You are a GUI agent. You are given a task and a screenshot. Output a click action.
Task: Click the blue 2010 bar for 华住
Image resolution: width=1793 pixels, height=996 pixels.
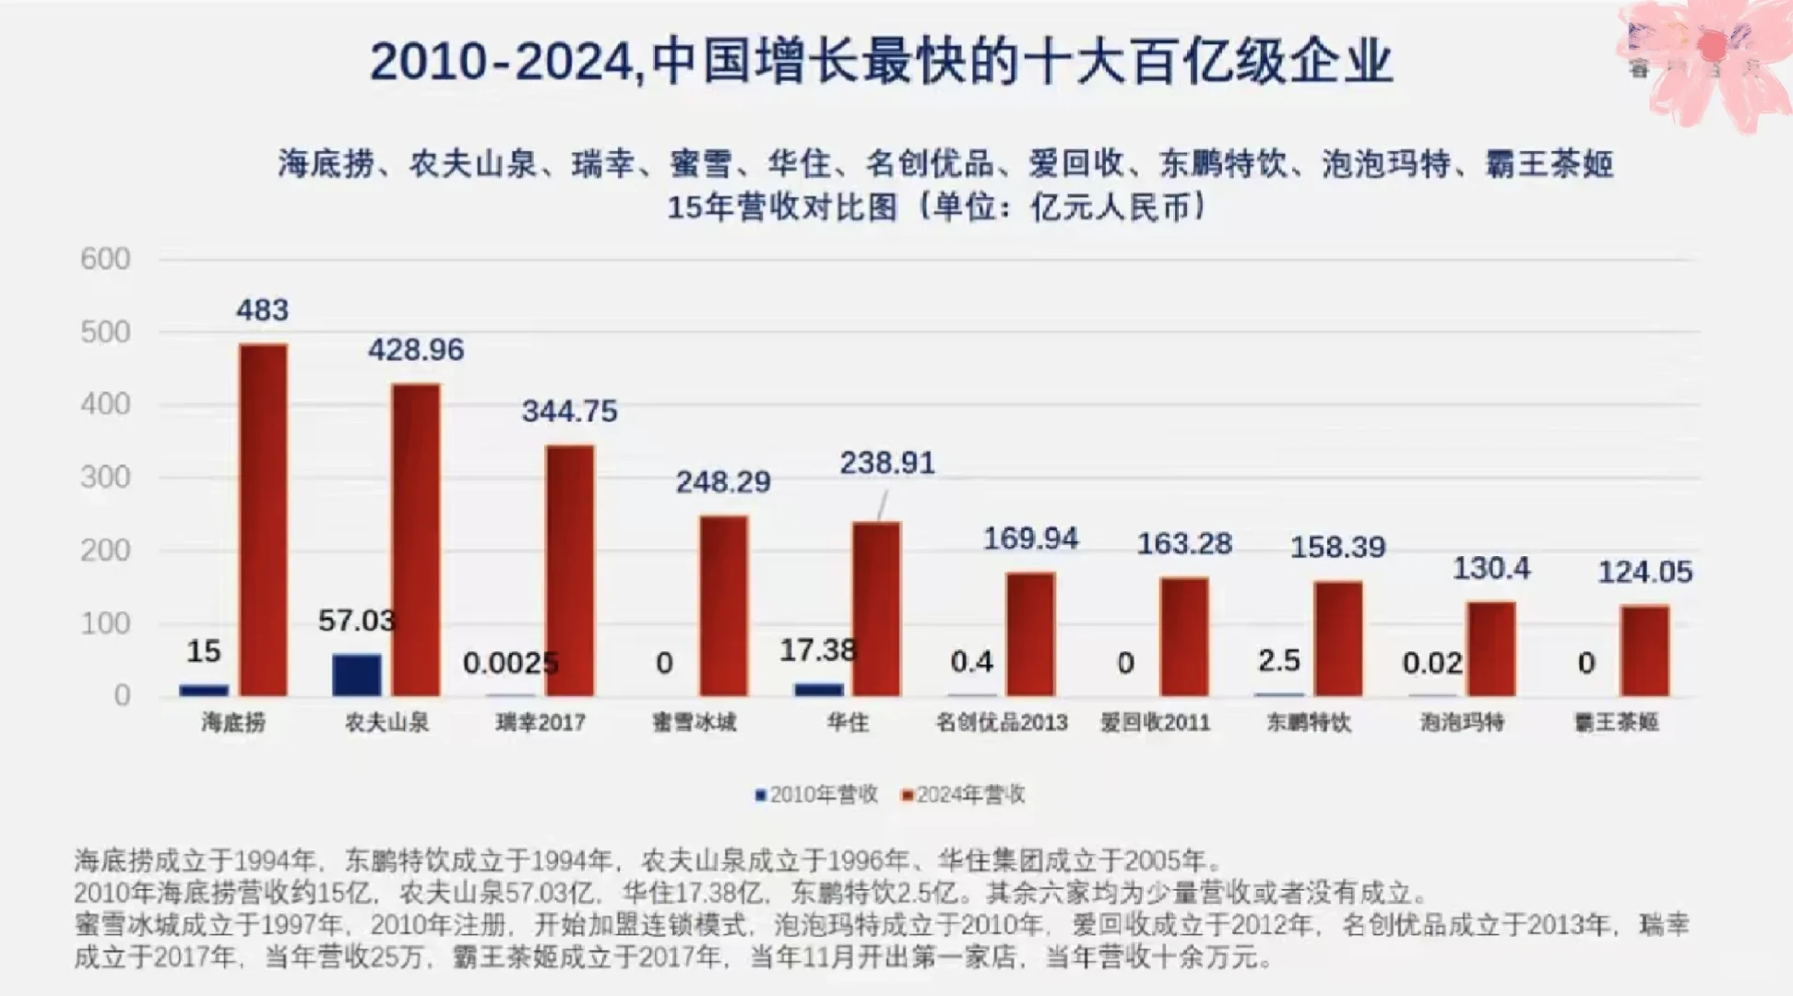pyautogui.click(x=819, y=689)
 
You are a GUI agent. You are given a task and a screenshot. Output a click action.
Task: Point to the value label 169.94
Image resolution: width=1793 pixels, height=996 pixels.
pyautogui.click(x=1030, y=539)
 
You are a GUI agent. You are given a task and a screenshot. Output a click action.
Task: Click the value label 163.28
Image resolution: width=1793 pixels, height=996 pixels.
pyautogui.click(x=1184, y=543)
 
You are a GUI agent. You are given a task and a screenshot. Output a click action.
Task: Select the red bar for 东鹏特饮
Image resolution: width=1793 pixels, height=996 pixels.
pyautogui.click(x=1338, y=638)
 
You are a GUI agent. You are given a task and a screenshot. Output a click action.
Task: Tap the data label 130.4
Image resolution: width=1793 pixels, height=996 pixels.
pyautogui.click(x=1491, y=568)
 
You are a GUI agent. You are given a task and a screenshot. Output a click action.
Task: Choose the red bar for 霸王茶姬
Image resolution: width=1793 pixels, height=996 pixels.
pyautogui.click(x=1645, y=650)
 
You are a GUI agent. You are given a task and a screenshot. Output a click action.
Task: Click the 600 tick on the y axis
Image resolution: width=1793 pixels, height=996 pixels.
pyautogui.click(x=105, y=259)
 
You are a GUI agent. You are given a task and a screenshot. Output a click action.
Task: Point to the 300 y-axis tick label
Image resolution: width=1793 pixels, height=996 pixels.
pyautogui.click(x=105, y=478)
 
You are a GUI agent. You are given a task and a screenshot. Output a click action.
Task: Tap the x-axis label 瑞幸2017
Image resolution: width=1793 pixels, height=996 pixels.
pyautogui.click(x=540, y=722)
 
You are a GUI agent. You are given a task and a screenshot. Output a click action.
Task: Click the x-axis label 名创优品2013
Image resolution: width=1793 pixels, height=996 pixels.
pyautogui.click(x=1002, y=722)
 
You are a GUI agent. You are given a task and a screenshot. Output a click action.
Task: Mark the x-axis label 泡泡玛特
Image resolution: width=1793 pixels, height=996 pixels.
pyautogui.click(x=1462, y=722)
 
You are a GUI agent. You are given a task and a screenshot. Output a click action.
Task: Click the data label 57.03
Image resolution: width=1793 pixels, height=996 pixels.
pyautogui.click(x=356, y=621)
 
